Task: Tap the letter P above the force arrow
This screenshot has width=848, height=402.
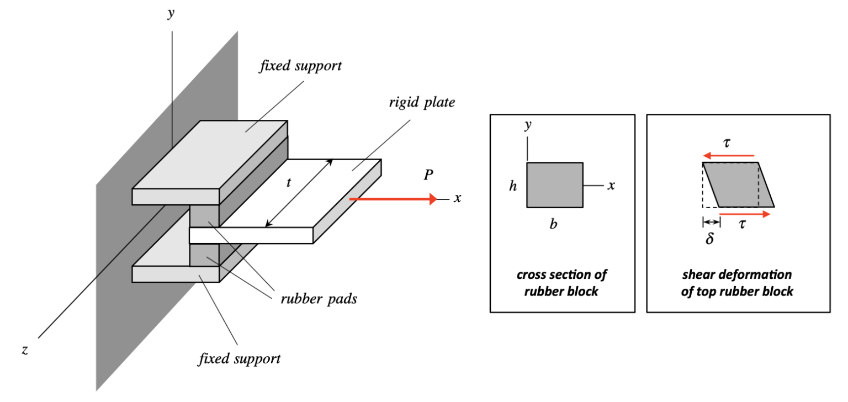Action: pos(428,176)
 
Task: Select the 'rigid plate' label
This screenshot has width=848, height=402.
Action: pos(421,103)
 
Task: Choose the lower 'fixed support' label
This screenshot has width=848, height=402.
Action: pos(240,359)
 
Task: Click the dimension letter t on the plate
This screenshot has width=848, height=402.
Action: pos(288,183)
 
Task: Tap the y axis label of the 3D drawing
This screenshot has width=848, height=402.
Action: pos(172,13)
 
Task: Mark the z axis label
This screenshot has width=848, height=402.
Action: pos(25,350)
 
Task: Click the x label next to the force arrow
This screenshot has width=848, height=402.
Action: pos(457,198)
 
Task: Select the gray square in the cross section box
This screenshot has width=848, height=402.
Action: pos(554,185)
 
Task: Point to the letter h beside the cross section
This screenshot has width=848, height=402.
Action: pos(513,186)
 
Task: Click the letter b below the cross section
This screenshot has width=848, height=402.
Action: pos(553,225)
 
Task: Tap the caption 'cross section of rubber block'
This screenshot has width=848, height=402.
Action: pos(562,282)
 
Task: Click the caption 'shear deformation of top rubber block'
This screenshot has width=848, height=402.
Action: pos(738,282)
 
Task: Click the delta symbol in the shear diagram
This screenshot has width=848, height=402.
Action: pos(709,239)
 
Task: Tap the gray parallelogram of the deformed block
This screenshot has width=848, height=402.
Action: pos(739,185)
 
